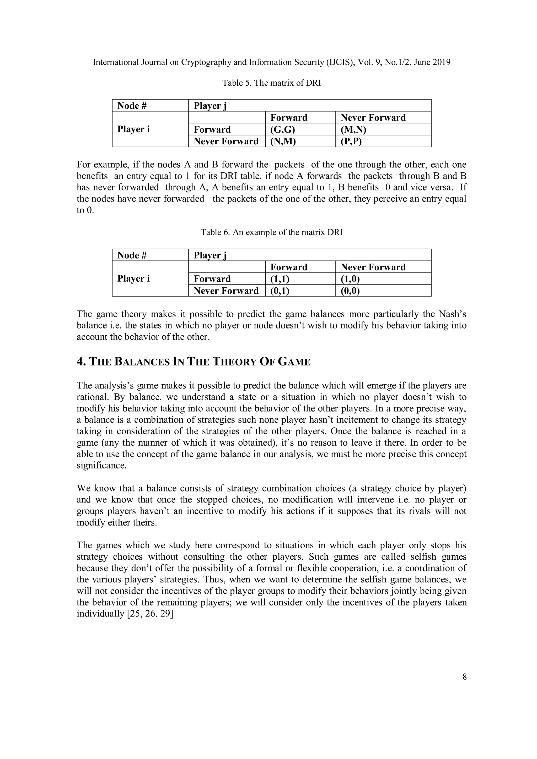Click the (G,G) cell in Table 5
(x=283, y=129)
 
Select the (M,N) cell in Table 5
(x=353, y=129)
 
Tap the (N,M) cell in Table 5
(x=283, y=141)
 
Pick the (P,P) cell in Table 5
(x=351, y=141)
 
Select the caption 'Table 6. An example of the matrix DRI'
(x=271, y=232)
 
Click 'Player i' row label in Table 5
(x=133, y=129)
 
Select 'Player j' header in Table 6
(x=210, y=255)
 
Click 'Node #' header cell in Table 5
(x=132, y=106)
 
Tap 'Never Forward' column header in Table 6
(x=373, y=267)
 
